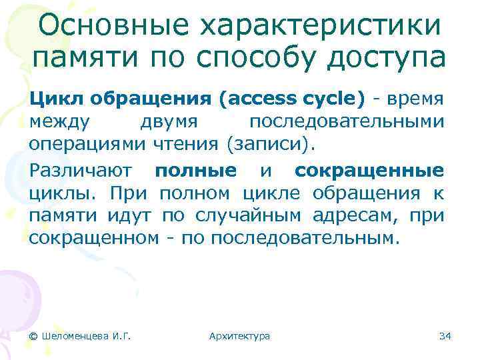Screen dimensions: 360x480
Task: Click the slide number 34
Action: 445,335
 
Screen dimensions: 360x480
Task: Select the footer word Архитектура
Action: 239,335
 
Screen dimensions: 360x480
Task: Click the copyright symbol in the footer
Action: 33,335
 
